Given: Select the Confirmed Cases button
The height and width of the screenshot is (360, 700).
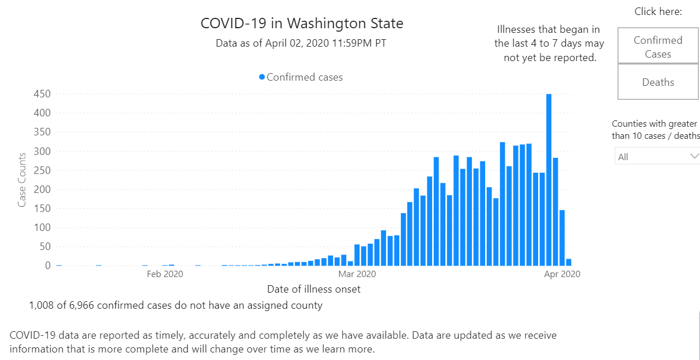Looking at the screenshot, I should tap(658, 47).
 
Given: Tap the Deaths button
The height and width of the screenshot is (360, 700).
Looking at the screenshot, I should tap(658, 82).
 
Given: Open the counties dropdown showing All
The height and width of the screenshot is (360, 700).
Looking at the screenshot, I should tap(657, 157).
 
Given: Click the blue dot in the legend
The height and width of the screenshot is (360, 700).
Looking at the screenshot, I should tap(262, 77).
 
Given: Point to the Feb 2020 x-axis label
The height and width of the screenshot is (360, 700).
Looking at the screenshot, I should tap(165, 274).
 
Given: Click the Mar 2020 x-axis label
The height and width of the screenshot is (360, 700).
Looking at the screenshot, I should tap(357, 274).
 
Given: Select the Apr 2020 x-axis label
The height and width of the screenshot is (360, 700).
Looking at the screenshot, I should tap(562, 274).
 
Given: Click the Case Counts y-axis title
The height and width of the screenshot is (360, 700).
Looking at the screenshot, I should tap(22, 180).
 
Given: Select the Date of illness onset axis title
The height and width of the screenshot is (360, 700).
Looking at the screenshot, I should tap(314, 289).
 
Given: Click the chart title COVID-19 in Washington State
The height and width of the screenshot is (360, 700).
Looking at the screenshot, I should tap(302, 24).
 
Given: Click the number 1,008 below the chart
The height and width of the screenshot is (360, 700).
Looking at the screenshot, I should tap(41, 305).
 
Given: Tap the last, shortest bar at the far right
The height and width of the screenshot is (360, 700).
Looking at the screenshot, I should tap(569, 262).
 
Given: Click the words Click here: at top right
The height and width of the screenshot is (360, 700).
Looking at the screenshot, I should tap(658, 12).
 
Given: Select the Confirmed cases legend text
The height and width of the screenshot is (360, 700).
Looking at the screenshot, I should tap(305, 77).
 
